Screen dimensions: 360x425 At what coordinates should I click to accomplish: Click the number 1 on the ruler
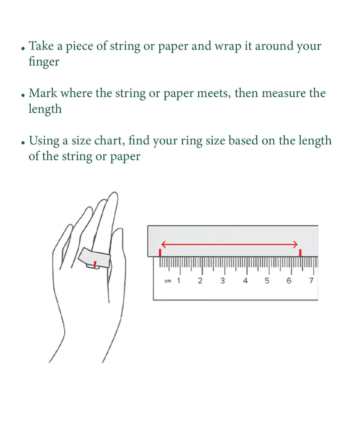coord(178,281)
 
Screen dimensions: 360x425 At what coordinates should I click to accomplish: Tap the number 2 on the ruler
coord(200,281)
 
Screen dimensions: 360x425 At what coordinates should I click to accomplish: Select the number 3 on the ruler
coord(223,281)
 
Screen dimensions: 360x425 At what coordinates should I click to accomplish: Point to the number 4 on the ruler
coord(246,281)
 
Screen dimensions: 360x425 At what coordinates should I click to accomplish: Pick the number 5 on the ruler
coord(267,281)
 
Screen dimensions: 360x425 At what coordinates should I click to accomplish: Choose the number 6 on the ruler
coord(289,281)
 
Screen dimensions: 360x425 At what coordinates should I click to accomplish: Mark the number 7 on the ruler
coord(311,281)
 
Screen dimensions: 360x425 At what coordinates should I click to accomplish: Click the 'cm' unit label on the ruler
coord(168,281)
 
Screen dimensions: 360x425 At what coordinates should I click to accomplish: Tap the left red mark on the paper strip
coord(160,253)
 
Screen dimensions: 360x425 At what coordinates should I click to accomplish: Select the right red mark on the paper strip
coord(300,253)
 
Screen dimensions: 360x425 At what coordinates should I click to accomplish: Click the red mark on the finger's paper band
coord(95,264)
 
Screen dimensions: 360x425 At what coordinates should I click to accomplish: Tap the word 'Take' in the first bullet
coord(41,46)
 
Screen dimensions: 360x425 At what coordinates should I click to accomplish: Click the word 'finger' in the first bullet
coord(44,62)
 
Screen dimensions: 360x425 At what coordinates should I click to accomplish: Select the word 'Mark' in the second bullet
coord(43,93)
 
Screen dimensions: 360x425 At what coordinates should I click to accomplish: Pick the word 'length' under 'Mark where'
coord(45,109)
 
